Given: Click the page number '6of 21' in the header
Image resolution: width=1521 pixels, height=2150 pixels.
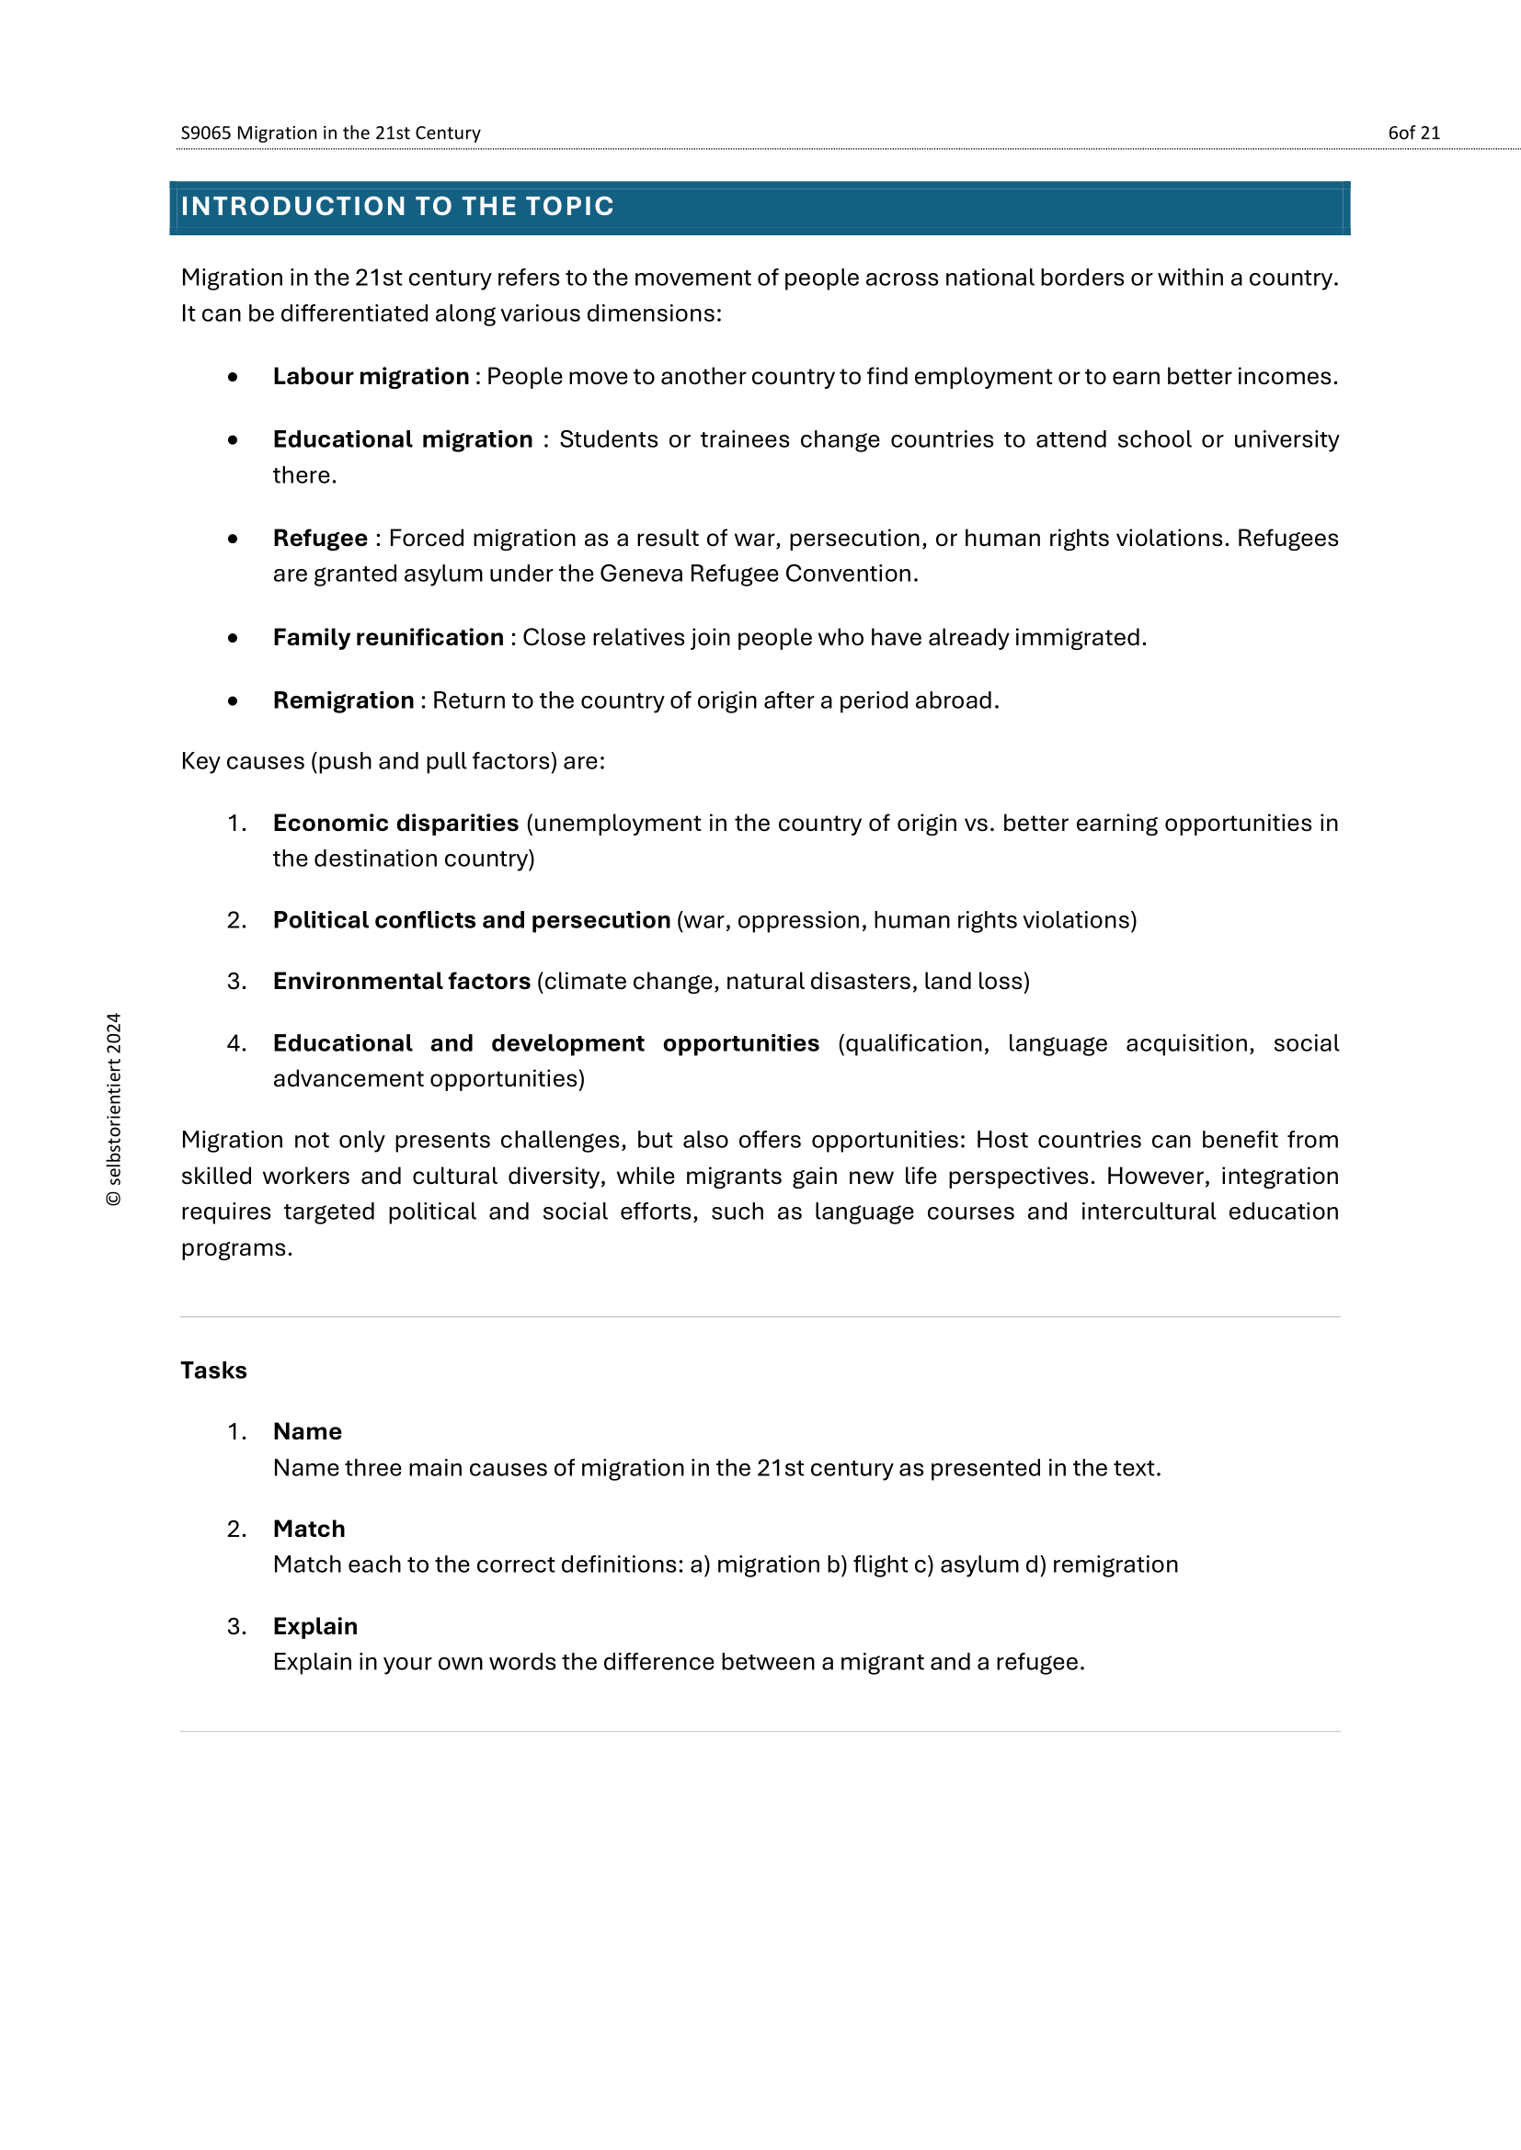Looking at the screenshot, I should [x=1413, y=133].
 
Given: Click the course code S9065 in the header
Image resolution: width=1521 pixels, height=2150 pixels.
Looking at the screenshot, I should [x=205, y=133].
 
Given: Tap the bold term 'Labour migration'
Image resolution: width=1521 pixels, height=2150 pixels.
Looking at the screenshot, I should [x=371, y=377].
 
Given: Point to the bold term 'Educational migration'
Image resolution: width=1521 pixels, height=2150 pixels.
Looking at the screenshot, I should [x=403, y=439].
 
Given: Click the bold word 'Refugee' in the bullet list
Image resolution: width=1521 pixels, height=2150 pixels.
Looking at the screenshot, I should [x=320, y=539].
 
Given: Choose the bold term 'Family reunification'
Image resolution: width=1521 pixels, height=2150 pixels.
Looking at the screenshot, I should [x=388, y=638].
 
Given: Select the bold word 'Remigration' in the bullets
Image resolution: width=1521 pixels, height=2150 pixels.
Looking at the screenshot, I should [x=343, y=700].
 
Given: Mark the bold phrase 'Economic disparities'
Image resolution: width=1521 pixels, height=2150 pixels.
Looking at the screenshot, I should [x=395, y=823].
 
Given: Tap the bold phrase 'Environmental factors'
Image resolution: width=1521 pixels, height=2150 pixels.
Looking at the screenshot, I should [x=402, y=982].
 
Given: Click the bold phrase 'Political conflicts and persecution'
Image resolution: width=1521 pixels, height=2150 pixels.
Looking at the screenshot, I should [x=471, y=920].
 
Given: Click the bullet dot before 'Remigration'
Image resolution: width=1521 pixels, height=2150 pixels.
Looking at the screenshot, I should [x=233, y=700].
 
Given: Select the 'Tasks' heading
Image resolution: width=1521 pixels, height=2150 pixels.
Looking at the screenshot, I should [x=213, y=1371].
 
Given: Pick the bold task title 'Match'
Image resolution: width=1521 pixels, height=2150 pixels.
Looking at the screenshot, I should [x=309, y=1530].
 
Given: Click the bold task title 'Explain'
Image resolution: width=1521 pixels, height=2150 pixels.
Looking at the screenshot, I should [x=314, y=1627].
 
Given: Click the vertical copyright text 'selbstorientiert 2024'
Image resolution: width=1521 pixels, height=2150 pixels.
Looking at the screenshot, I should [x=113, y=1109].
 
